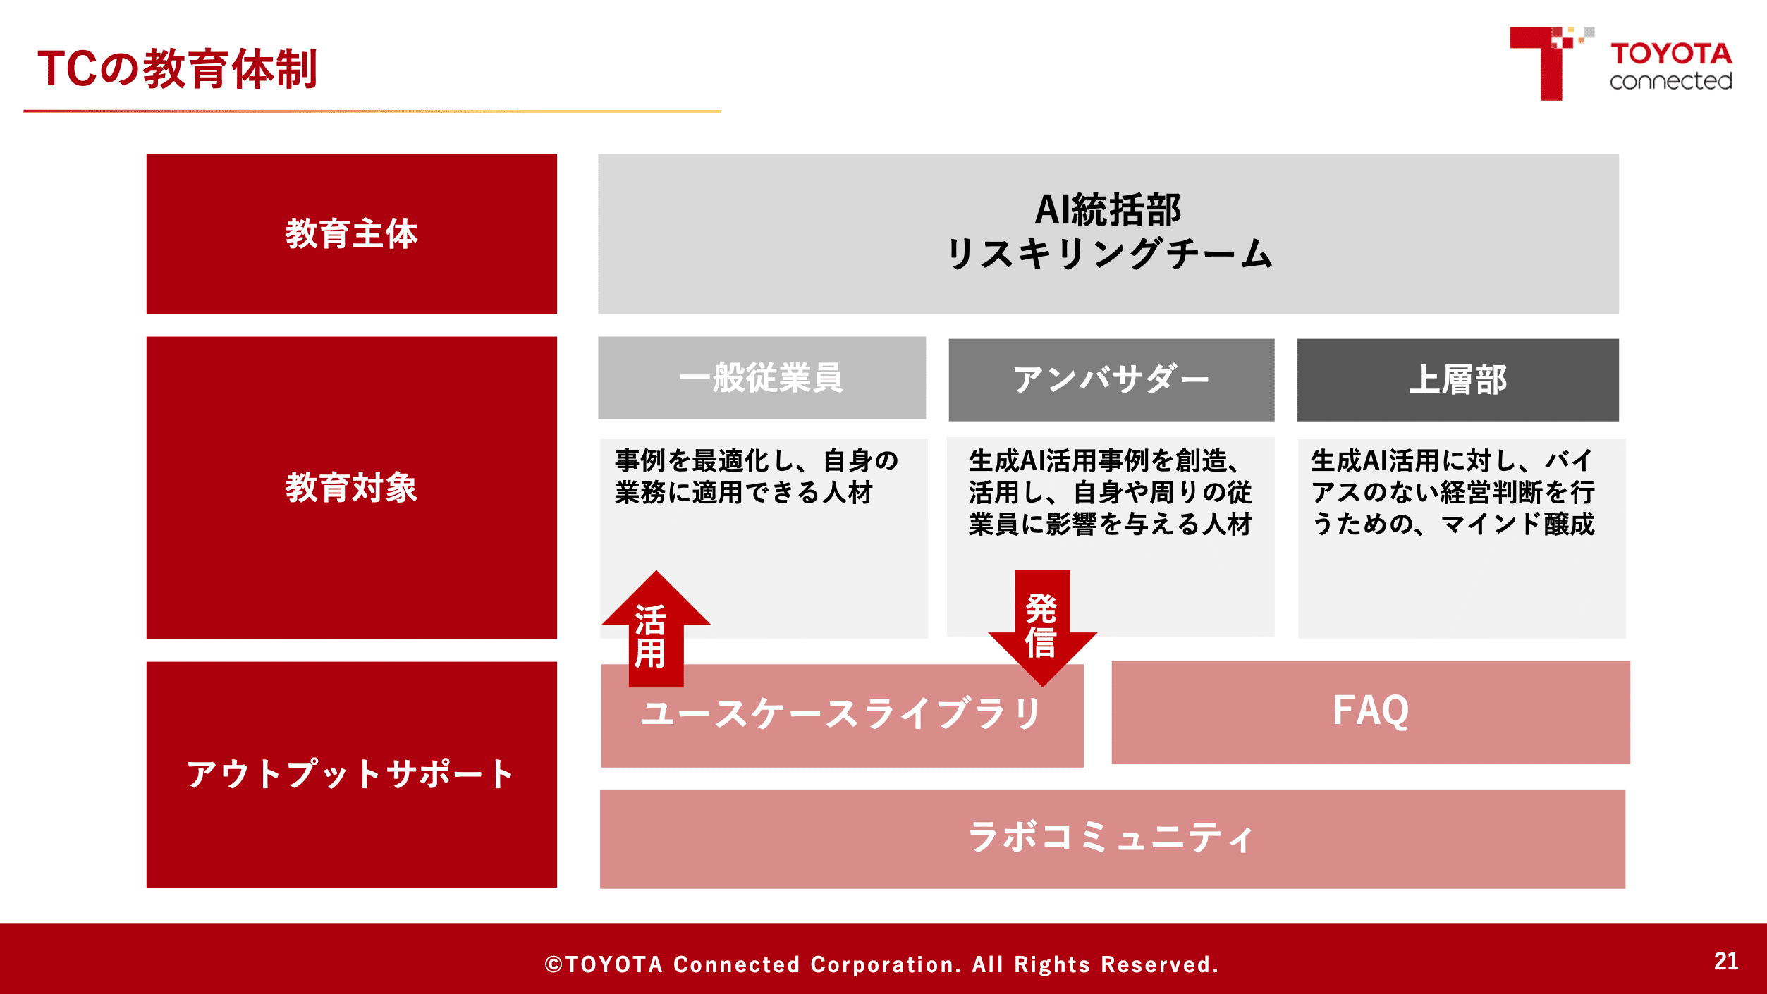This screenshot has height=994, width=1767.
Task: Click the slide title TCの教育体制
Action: point(177,69)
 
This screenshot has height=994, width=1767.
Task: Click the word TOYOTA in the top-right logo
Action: point(1671,54)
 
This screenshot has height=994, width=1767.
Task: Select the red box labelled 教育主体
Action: point(352,234)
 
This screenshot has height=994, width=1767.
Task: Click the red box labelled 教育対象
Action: point(352,488)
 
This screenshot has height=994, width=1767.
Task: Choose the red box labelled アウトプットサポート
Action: point(352,774)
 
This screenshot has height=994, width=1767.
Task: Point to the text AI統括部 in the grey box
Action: point(1108,209)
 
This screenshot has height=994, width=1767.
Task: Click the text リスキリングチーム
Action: point(1109,254)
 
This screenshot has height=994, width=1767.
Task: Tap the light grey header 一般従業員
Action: point(762,378)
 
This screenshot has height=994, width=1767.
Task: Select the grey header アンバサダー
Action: point(1111,380)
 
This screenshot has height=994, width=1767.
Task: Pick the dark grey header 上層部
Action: point(1457,380)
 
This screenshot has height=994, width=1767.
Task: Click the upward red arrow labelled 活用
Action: point(656,629)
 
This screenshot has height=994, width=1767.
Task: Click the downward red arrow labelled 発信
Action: point(1042,628)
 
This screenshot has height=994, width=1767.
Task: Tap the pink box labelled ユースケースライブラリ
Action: point(842,715)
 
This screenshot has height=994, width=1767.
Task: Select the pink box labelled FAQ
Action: point(1371,712)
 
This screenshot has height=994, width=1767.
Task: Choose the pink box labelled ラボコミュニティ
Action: point(1113,839)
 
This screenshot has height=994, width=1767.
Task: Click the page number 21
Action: point(1726,962)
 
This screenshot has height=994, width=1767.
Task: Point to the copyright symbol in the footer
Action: point(554,964)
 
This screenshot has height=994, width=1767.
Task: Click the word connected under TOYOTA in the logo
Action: point(1671,81)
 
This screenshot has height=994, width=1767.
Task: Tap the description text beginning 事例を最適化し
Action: point(757,477)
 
